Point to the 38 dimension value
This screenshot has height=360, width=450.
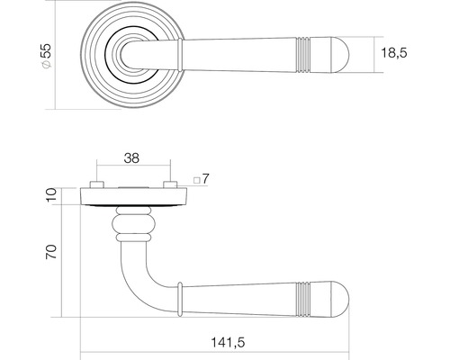[x=131, y=159]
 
